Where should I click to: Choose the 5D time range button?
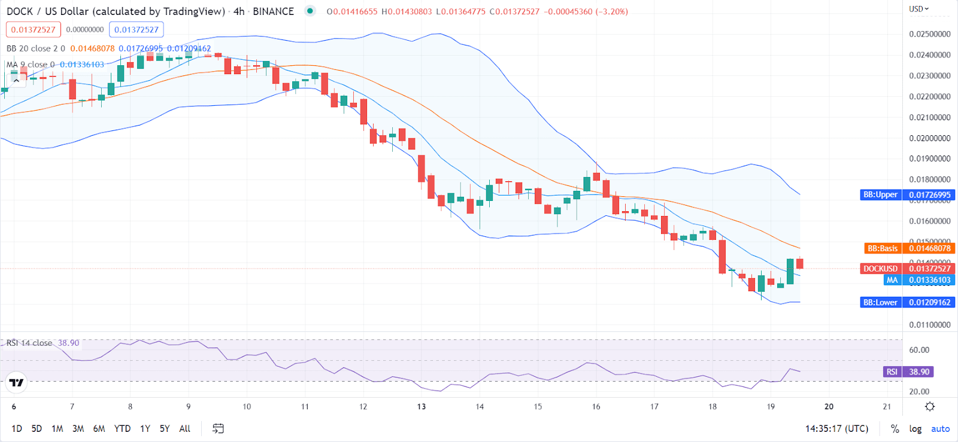click(x=37, y=429)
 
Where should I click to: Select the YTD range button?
click(x=122, y=429)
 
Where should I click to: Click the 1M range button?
click(x=57, y=429)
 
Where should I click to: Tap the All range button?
click(x=184, y=429)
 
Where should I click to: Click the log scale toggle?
click(x=915, y=429)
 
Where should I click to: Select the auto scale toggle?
click(x=940, y=429)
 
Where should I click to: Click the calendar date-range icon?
click(x=218, y=429)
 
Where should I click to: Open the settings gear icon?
click(x=930, y=407)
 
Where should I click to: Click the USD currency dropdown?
click(x=918, y=9)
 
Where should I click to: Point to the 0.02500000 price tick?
click(x=929, y=34)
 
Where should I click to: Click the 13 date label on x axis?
click(x=422, y=407)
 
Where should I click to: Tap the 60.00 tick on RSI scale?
click(x=919, y=350)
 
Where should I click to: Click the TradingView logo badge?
click(x=17, y=382)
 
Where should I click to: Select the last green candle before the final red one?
click(x=790, y=271)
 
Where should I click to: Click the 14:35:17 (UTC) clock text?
click(x=836, y=429)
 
